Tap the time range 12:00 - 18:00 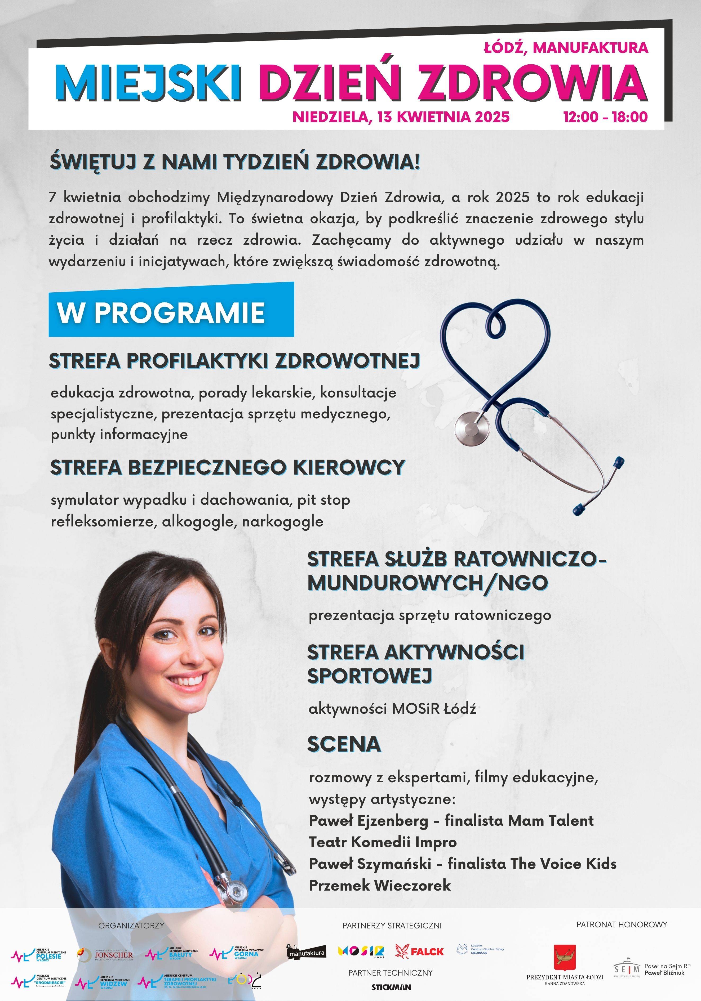pyautogui.click(x=605, y=117)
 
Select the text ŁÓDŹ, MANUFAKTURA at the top pyautogui.click(x=566, y=47)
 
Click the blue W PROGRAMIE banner pyautogui.click(x=171, y=312)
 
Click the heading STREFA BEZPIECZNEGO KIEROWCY pyautogui.click(x=228, y=468)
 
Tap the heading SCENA pyautogui.click(x=344, y=744)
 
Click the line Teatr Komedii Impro pyautogui.click(x=383, y=842)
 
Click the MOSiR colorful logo pyautogui.click(x=361, y=951)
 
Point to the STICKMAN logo pyautogui.click(x=391, y=987)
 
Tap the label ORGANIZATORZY pyautogui.click(x=131, y=925)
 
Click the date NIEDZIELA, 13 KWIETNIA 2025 pyautogui.click(x=401, y=117)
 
